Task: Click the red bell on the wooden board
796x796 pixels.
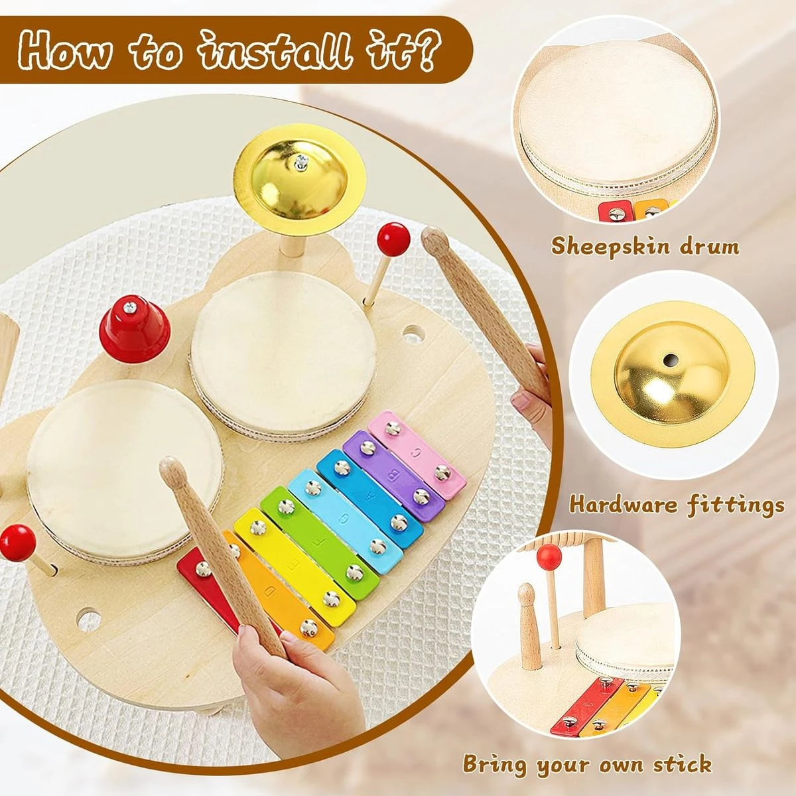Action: [x=134, y=329]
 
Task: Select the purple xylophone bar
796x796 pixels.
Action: [x=393, y=476]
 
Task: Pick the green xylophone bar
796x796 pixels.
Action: [x=320, y=543]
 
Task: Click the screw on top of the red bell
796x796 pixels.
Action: [x=130, y=307]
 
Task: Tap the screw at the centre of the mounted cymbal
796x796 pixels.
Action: [x=300, y=163]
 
